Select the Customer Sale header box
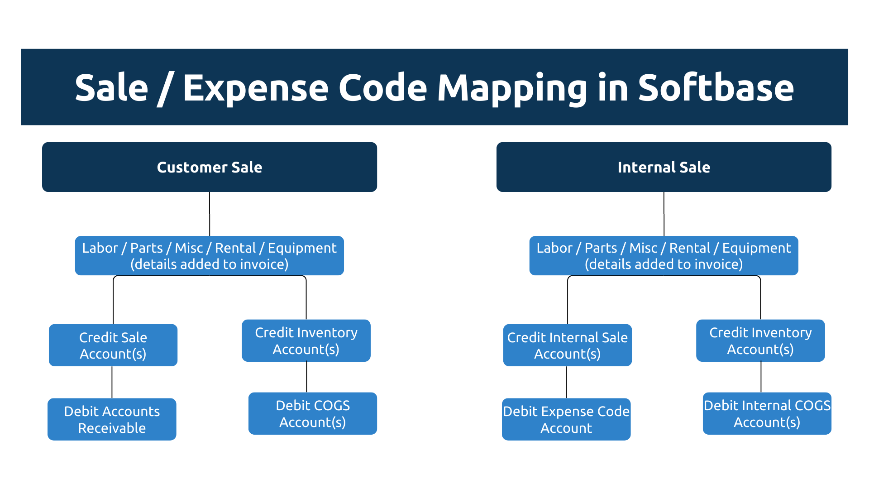[x=210, y=167]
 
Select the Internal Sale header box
[x=664, y=167]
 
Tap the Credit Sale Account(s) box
[x=113, y=345]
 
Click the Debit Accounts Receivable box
[x=112, y=419]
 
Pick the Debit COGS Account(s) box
[x=313, y=413]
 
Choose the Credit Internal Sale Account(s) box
[x=567, y=345]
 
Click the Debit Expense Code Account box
[x=566, y=419]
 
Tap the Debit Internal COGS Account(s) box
[x=767, y=413]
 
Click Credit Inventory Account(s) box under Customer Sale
[x=306, y=340]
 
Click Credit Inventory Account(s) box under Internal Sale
[x=760, y=340]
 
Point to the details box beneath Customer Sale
[x=210, y=256]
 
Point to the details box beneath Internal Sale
[x=664, y=256]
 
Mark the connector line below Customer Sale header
[x=210, y=214]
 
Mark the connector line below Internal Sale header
[x=664, y=214]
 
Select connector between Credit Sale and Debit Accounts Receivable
[x=112, y=382]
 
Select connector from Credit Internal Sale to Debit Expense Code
[x=566, y=382]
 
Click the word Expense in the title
[x=256, y=88]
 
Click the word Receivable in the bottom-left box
[x=112, y=428]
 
